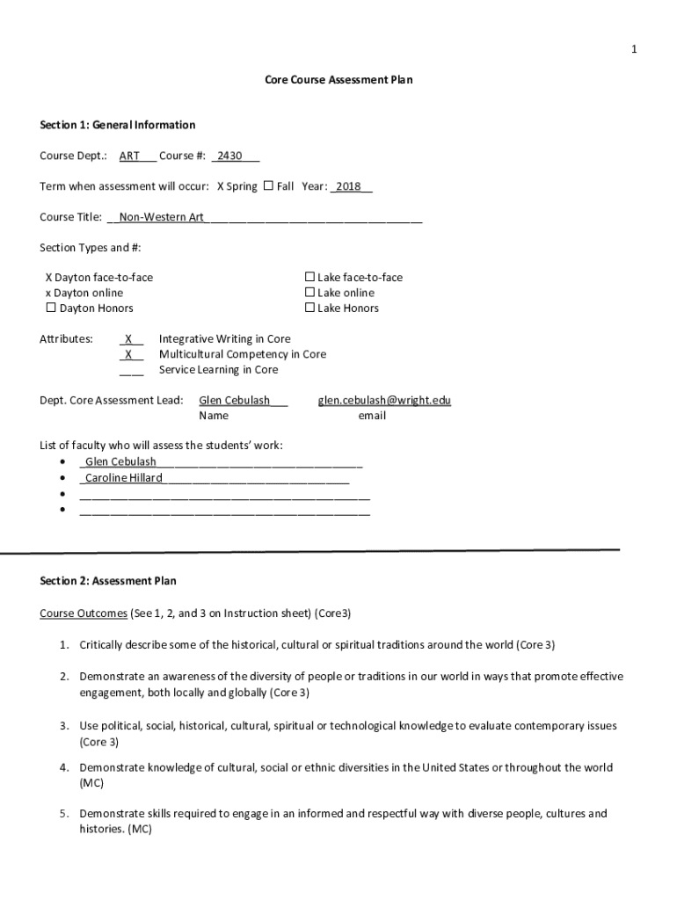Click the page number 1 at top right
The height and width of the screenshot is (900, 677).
pos(633,49)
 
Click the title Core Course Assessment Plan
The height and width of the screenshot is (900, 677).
pos(338,80)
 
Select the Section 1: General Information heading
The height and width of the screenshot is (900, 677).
pos(117,125)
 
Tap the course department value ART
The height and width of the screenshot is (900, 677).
pos(129,156)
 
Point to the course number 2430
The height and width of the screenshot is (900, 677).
pos(229,156)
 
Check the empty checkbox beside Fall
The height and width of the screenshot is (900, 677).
pos(268,186)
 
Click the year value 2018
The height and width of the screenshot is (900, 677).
pos(348,187)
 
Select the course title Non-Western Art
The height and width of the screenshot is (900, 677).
pos(161,217)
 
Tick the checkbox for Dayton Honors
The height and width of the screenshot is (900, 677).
pos(51,308)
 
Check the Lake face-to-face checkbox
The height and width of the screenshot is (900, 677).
pos(309,277)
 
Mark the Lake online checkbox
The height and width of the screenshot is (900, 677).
pos(309,293)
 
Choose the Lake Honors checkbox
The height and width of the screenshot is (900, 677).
pos(309,308)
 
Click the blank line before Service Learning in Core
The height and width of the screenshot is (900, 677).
pos(131,370)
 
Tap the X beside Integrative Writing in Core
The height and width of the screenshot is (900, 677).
pos(129,339)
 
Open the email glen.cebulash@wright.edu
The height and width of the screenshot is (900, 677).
pos(384,401)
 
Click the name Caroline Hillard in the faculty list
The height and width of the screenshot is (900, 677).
pos(123,478)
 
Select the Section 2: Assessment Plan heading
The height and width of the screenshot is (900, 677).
pos(108,581)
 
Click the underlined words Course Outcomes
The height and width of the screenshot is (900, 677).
pos(84,613)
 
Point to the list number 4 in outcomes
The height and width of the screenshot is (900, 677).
pos(65,767)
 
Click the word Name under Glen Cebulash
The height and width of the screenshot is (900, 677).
pos(214,416)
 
